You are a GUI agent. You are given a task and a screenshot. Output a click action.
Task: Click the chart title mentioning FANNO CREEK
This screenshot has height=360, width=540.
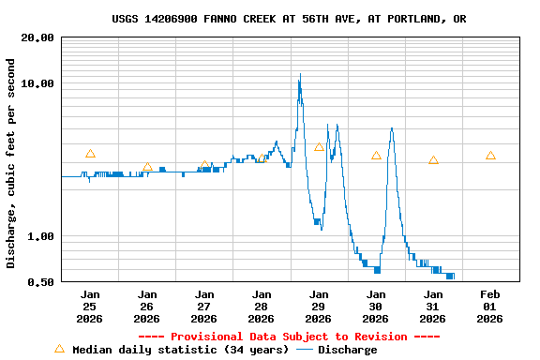[289, 19]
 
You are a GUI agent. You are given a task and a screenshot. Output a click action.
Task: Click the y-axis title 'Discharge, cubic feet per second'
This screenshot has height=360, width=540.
[11, 163]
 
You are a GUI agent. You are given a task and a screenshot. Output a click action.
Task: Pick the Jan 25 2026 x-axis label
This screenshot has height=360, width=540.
[90, 307]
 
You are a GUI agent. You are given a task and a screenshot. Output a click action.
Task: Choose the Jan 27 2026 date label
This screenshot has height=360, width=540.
[204, 307]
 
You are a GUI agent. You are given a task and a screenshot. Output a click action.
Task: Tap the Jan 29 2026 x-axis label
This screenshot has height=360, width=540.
[319, 307]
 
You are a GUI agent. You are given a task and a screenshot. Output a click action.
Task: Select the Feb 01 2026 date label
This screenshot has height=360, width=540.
[490, 307]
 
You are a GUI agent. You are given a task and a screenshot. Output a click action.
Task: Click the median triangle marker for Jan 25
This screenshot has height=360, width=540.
[90, 154]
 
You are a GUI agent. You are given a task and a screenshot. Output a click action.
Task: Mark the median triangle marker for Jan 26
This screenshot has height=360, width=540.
[147, 167]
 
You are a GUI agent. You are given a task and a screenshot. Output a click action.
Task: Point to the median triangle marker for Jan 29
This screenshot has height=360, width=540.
[319, 147]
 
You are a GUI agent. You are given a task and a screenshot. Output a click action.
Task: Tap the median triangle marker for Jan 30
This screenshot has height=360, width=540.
[376, 156]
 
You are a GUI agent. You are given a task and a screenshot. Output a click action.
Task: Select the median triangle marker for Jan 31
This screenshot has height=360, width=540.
[433, 160]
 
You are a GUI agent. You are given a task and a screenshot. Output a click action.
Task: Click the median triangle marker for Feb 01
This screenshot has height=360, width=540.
[490, 156]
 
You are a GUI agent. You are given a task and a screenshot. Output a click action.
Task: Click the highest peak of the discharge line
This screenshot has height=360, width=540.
[300, 74]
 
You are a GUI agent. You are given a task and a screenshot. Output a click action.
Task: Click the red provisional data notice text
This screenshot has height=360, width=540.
[289, 337]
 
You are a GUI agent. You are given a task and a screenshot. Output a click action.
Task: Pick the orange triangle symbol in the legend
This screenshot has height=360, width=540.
[60, 349]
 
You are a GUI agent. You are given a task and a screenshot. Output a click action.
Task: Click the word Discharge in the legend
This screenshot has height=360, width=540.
[347, 350]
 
